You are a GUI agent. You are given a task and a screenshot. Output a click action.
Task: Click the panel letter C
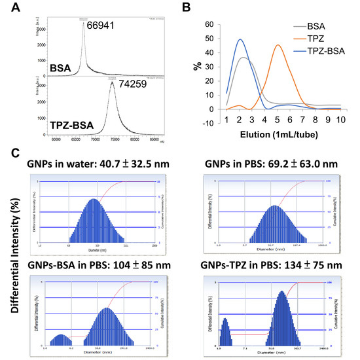[7, 152]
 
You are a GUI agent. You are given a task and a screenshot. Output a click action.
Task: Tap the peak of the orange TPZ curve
[278, 45]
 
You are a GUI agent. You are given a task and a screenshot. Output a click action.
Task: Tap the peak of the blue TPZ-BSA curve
[241, 39]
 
